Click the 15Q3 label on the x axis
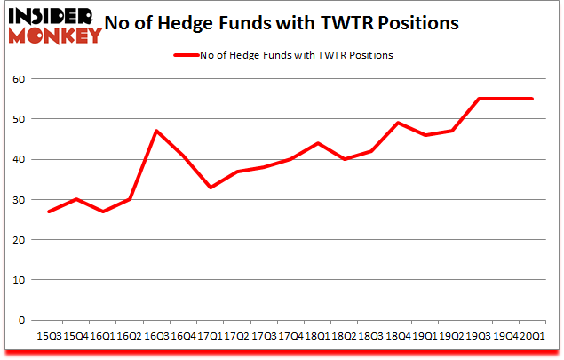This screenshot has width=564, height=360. pos(49,336)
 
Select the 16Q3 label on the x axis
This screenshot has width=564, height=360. pos(156,336)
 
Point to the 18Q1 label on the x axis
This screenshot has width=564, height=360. pos(317,336)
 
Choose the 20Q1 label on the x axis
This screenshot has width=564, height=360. pos(532,336)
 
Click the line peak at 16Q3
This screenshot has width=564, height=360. pos(156,131)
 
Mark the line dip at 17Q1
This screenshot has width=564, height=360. pos(210,188)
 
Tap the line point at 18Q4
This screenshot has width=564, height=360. pos(398,123)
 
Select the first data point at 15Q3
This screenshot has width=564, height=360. pos(49,212)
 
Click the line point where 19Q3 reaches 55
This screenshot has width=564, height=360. pos(479,99)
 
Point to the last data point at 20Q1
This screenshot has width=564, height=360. pos(532,99)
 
